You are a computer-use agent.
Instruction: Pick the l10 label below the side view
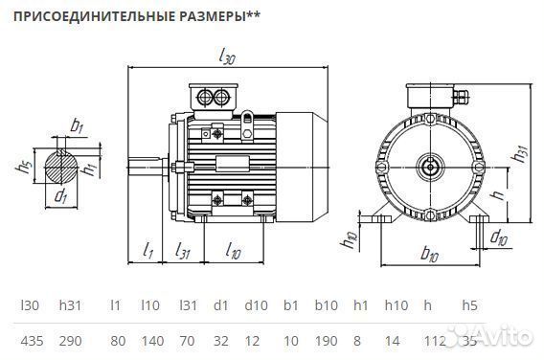(234, 251)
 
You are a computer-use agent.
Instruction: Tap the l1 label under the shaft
(148, 251)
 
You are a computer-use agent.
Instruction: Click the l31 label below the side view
(182, 251)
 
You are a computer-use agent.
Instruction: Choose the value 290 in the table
(70, 339)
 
